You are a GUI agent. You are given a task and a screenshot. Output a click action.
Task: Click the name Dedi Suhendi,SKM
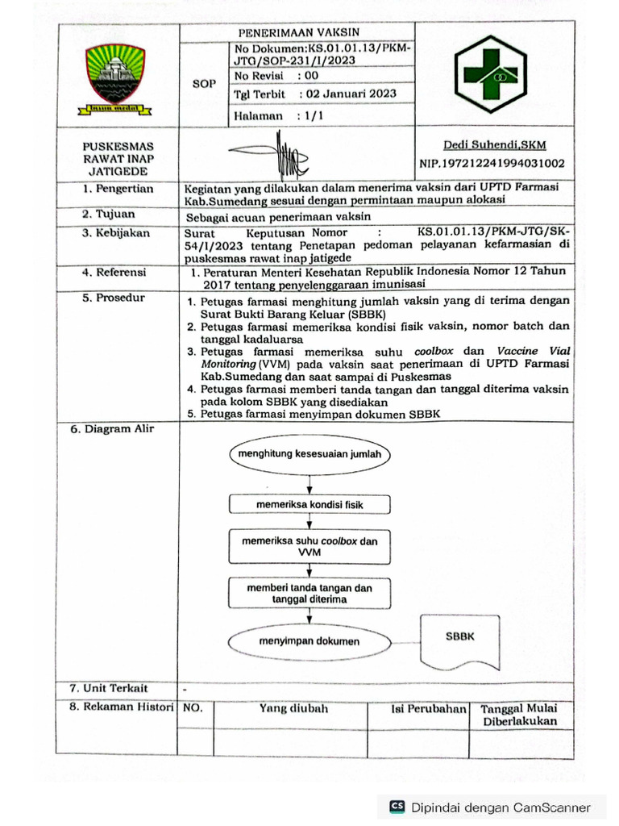(x=494, y=145)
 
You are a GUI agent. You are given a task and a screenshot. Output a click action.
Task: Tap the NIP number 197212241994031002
(x=492, y=163)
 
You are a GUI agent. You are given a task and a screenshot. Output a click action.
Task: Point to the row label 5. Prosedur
(x=114, y=298)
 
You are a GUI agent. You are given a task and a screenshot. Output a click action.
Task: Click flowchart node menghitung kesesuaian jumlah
(x=309, y=454)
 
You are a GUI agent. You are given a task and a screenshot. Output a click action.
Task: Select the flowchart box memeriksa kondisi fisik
(x=309, y=505)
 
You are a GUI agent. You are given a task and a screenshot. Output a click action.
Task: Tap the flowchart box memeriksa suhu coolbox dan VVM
(x=309, y=546)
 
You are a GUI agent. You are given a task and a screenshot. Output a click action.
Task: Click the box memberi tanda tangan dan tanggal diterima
(x=309, y=594)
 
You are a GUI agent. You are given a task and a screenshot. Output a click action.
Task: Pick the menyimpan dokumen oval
(x=309, y=641)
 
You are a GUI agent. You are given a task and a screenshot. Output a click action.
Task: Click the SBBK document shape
(x=460, y=640)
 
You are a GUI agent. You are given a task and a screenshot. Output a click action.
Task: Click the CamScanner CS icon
(x=397, y=807)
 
